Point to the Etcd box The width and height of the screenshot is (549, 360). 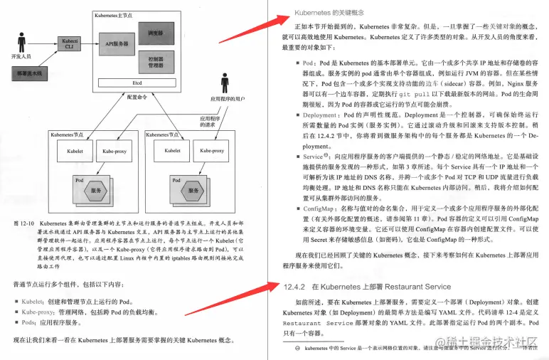[x=137, y=83]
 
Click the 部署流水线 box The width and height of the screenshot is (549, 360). [x=28, y=73]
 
